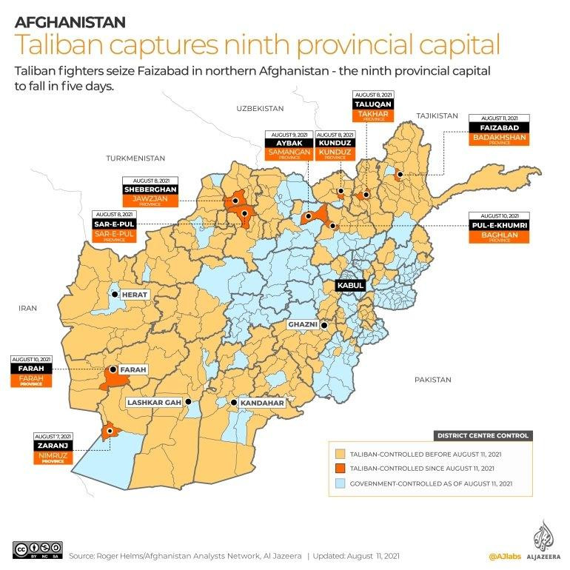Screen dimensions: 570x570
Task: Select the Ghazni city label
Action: pyautogui.click(x=304, y=325)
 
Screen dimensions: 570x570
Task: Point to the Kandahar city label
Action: pyautogui.click(x=262, y=403)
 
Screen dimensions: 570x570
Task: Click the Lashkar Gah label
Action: pyautogui.click(x=154, y=403)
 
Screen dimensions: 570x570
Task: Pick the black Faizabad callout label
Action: pyautogui.click(x=500, y=127)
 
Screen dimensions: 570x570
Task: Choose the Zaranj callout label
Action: pyautogui.click(x=53, y=446)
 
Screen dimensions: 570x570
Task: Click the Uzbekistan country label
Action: pyautogui.click(x=260, y=108)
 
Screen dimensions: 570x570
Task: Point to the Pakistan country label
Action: pyautogui.click(x=432, y=380)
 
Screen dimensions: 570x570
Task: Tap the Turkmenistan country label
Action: pyautogui.click(x=135, y=158)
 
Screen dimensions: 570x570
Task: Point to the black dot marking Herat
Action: pyautogui.click(x=115, y=295)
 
